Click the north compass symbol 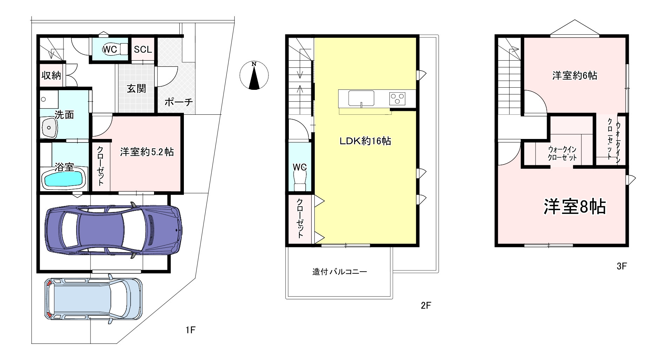click(x=254, y=75)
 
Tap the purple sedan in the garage click(x=113, y=230)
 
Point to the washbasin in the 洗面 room click(x=49, y=128)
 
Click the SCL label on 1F click(x=143, y=49)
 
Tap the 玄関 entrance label click(x=136, y=88)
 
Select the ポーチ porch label click(x=179, y=102)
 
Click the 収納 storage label click(x=51, y=75)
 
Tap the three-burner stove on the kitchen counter click(x=397, y=98)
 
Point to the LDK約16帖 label click(x=365, y=141)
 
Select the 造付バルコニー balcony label click(x=340, y=272)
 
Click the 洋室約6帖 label click(x=575, y=76)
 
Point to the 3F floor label click(x=622, y=266)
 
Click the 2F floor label click(x=426, y=306)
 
